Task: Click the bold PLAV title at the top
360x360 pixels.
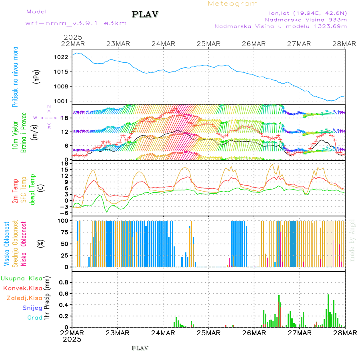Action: click(x=146, y=14)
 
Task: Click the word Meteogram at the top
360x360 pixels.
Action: click(x=233, y=4)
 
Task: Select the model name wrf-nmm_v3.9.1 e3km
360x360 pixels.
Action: click(x=76, y=23)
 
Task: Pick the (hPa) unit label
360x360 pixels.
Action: click(x=37, y=76)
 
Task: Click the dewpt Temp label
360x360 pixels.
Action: click(x=32, y=188)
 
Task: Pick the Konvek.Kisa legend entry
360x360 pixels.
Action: click(x=23, y=288)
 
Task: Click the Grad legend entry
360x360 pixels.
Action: click(x=35, y=318)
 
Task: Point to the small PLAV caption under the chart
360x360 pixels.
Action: click(x=140, y=348)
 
